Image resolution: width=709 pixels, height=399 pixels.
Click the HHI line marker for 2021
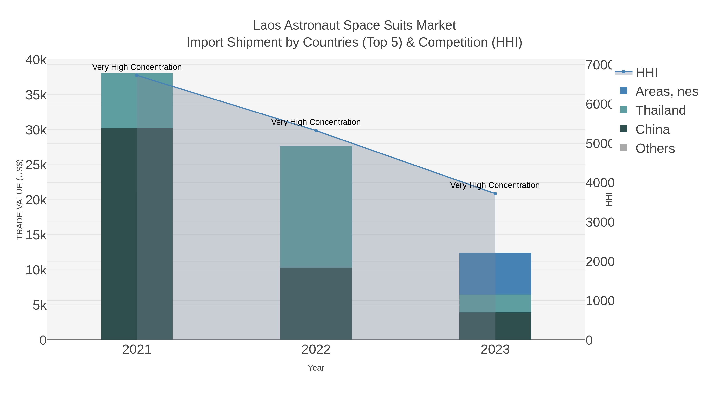[137, 75]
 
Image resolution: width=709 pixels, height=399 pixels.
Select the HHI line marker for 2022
[316, 130]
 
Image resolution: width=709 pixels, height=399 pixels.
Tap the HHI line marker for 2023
[495, 193]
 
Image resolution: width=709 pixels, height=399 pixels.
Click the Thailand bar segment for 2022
[316, 206]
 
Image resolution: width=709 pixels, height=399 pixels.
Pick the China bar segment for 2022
[316, 303]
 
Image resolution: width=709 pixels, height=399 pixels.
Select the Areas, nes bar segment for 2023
[495, 273]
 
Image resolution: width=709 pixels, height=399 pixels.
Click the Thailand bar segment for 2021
[137, 100]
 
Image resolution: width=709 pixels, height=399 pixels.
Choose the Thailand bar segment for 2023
[495, 303]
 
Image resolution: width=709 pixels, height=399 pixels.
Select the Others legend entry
[655, 148]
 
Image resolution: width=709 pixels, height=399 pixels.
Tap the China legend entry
[652, 129]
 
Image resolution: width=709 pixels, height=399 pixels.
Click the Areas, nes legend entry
[666, 91]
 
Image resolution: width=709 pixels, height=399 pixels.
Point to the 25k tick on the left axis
[36, 165]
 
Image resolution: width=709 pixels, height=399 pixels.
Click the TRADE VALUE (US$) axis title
[20, 199]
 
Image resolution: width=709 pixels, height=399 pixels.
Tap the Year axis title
[316, 368]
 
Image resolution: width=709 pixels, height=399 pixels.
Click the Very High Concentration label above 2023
[495, 185]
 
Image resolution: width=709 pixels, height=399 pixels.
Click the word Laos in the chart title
[267, 26]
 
